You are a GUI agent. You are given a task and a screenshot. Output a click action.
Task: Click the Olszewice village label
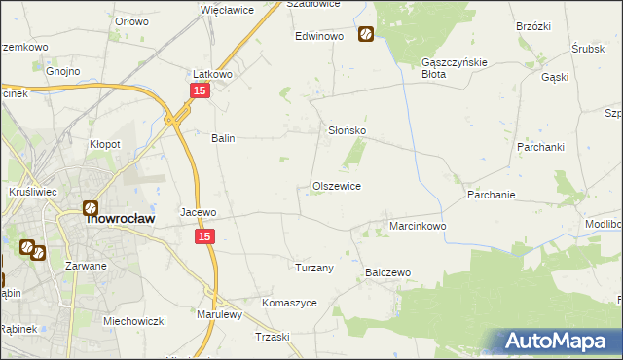(x=337, y=186)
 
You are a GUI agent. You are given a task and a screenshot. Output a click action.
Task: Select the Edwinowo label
(x=321, y=36)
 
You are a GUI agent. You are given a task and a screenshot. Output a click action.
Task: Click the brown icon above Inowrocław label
(x=91, y=207)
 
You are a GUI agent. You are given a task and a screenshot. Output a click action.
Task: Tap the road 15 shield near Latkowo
(x=199, y=90)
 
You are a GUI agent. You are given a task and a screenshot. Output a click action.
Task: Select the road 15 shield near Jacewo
(x=204, y=236)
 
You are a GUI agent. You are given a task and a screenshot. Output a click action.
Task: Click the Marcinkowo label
(x=418, y=226)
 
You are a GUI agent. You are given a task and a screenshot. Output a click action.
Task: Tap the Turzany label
(x=314, y=267)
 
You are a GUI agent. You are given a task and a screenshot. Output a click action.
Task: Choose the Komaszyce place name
(x=290, y=303)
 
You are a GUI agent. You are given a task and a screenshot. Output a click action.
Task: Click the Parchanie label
(x=491, y=195)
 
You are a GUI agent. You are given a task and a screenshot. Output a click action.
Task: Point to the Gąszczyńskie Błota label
(x=447, y=67)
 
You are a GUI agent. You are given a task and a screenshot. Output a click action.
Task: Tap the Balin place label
(x=224, y=138)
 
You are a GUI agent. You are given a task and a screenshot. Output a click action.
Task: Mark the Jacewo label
(x=198, y=211)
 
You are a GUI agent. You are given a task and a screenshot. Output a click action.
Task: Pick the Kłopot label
(x=105, y=144)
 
